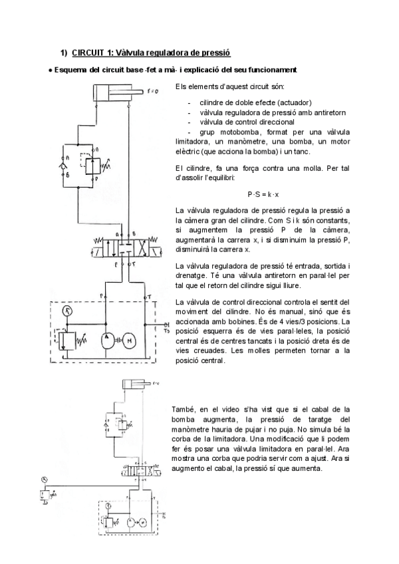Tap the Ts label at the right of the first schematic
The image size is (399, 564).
[167, 329]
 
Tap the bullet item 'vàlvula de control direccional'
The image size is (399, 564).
[245, 122]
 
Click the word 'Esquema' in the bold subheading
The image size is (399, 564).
[70, 70]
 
